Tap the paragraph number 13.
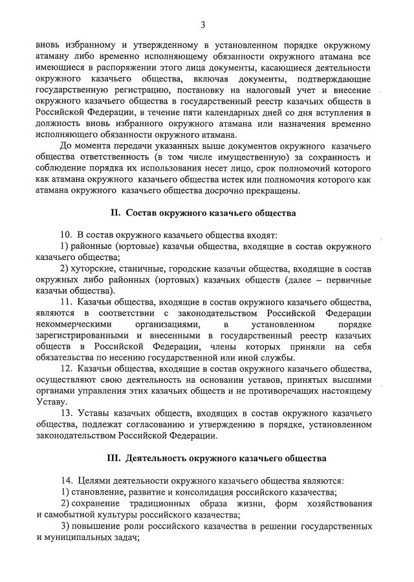[65, 413]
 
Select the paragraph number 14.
[65, 480]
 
